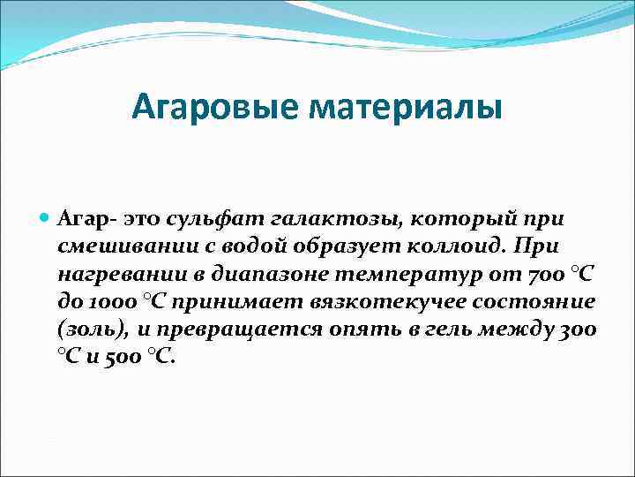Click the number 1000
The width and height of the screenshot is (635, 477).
coord(111,302)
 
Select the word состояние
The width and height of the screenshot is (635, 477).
coord(532,302)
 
